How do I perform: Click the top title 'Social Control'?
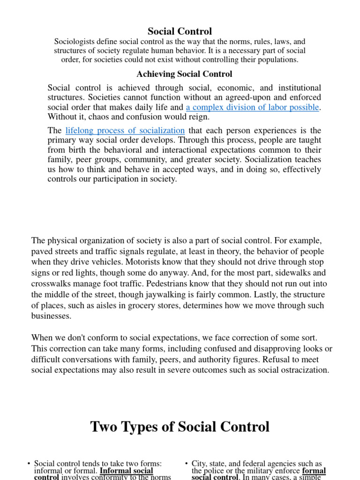pos(180,31)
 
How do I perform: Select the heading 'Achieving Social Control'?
pos(184,74)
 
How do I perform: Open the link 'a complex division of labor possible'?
pos(252,107)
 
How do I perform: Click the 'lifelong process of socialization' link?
pos(125,130)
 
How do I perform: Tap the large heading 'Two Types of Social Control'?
pos(180,427)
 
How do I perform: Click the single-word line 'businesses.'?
pos(52,316)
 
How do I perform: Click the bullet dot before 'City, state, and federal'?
pos(187,464)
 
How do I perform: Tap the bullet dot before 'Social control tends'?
pos(29,464)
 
